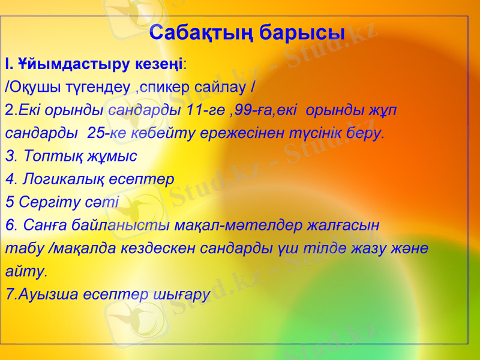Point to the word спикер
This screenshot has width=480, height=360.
coord(170,87)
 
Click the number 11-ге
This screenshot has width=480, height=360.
coord(206,110)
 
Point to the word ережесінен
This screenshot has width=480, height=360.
coord(238,133)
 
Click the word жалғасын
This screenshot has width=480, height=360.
coord(343,226)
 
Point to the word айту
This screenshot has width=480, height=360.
coord(24,271)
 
